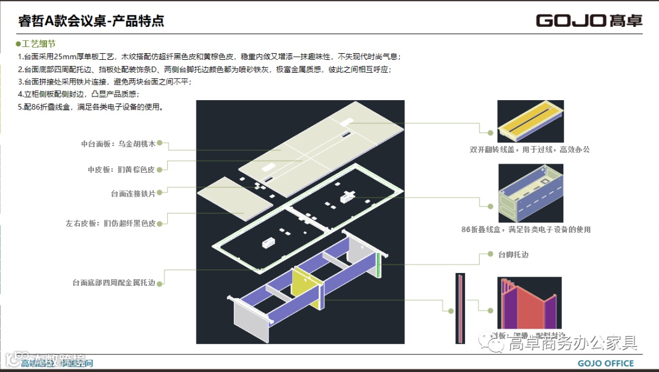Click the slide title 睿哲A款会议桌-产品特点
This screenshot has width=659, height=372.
point(92,21)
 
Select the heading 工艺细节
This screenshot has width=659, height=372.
point(38,44)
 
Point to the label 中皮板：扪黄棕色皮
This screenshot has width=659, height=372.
point(121,169)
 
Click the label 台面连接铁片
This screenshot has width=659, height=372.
point(133,194)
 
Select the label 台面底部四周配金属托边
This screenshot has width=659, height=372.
point(118,282)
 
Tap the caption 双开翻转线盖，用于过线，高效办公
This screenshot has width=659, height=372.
point(529,149)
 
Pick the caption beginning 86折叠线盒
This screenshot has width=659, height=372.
point(525,230)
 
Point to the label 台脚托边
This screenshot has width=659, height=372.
point(513,254)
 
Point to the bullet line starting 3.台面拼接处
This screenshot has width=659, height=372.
point(105,82)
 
